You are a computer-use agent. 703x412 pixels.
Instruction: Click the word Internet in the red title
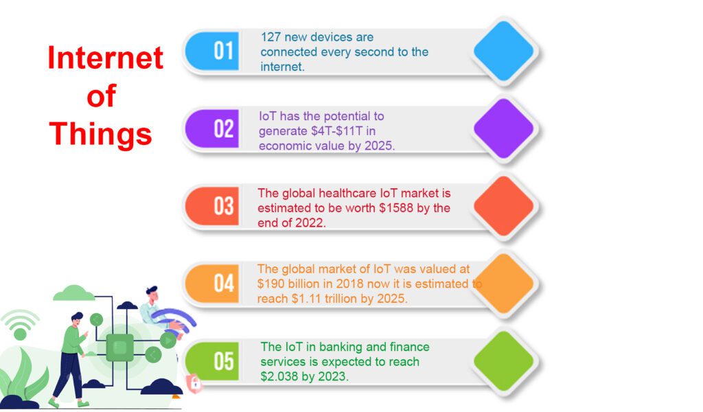(x=105, y=58)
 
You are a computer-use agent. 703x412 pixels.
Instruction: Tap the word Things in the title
(x=101, y=134)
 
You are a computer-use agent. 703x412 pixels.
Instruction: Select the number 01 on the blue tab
(x=223, y=51)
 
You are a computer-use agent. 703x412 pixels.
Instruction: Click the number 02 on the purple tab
(x=223, y=128)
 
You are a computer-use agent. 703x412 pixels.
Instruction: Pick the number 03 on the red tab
(x=223, y=206)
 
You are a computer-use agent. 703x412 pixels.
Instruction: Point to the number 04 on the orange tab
(x=223, y=284)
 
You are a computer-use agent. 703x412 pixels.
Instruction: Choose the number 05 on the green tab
(x=223, y=361)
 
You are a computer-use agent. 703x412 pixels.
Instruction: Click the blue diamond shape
(x=503, y=51)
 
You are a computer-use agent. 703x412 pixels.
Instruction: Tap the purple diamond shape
(x=503, y=128)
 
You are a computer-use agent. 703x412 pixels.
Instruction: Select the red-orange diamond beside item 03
(x=503, y=206)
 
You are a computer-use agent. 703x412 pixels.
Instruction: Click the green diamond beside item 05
(x=503, y=361)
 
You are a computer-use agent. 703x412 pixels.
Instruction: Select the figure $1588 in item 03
(x=396, y=208)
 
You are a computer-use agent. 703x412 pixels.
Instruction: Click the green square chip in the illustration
(x=119, y=347)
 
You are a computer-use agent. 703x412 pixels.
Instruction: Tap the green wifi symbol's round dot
(x=20, y=334)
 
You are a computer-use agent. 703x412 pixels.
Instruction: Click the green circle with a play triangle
(x=168, y=341)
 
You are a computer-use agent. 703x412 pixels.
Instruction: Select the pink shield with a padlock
(x=194, y=383)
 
